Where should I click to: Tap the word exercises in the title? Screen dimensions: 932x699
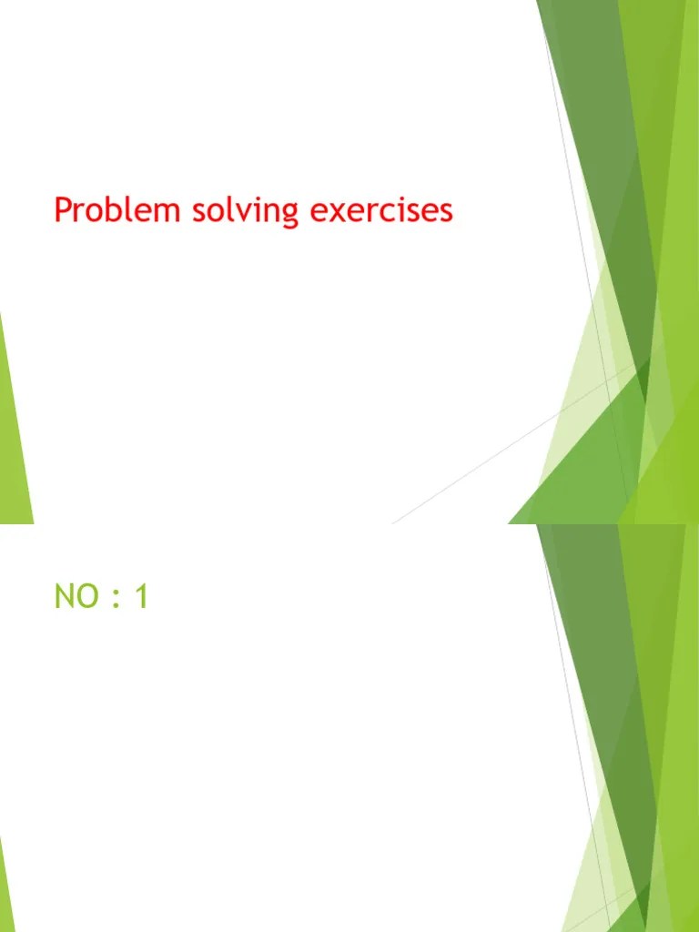click(x=381, y=211)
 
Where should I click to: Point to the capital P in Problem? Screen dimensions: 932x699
click(x=63, y=210)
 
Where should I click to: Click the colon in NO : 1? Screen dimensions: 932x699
click(x=114, y=600)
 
